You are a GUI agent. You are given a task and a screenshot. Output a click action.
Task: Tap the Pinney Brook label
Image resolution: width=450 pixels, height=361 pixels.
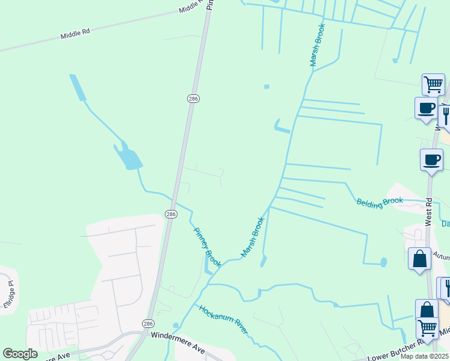(208, 247)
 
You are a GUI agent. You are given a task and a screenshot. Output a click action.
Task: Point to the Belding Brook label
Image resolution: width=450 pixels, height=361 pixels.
(379, 203)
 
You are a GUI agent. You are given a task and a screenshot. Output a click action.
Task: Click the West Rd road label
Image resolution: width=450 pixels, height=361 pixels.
(428, 211)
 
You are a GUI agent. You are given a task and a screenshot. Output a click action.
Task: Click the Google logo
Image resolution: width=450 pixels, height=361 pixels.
(20, 354)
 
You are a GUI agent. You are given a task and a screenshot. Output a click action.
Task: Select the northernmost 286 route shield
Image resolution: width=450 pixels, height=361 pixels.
(193, 99)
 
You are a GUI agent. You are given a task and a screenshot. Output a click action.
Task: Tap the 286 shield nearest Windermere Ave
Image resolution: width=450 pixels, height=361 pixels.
(148, 324)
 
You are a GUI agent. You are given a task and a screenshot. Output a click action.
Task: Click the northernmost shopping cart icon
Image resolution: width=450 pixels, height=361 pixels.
(433, 84)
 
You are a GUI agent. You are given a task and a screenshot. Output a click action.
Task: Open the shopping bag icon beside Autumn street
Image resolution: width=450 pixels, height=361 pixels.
(419, 259)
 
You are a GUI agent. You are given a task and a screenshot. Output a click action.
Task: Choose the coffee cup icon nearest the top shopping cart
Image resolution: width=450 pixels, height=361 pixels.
(426, 108)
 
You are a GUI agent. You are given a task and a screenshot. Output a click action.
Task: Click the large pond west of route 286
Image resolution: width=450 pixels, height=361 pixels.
(129, 158)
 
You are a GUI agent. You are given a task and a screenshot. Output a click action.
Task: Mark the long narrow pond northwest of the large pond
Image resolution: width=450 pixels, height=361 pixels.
(78, 88)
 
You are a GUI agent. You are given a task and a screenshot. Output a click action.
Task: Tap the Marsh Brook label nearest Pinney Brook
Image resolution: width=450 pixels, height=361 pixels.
(253, 238)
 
